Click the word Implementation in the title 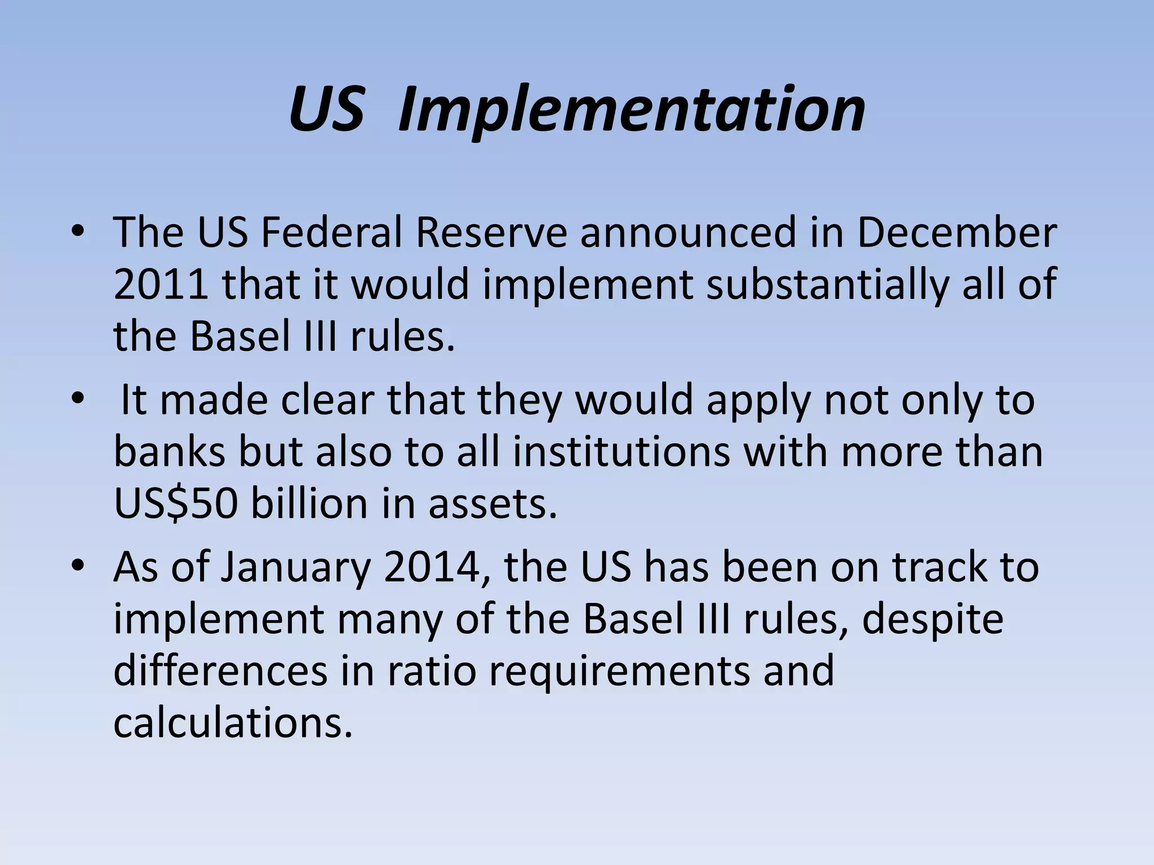(x=631, y=110)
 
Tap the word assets (x=492, y=503)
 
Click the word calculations (x=233, y=723)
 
